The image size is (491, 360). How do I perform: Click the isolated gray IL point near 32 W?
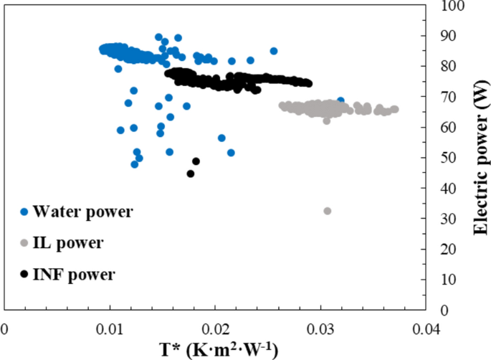pyautogui.click(x=328, y=211)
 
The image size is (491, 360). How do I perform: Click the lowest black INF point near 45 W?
pyautogui.click(x=191, y=174)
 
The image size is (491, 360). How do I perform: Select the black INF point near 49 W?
pyautogui.click(x=196, y=161)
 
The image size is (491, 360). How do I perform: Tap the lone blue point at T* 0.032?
pyautogui.click(x=340, y=101)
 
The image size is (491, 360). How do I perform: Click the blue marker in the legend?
pyautogui.click(x=24, y=212)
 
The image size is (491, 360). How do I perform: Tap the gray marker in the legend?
pyautogui.click(x=24, y=243)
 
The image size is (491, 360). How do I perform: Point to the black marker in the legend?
pyautogui.click(x=24, y=274)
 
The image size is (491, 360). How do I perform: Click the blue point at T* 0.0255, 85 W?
pyautogui.click(x=273, y=51)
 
